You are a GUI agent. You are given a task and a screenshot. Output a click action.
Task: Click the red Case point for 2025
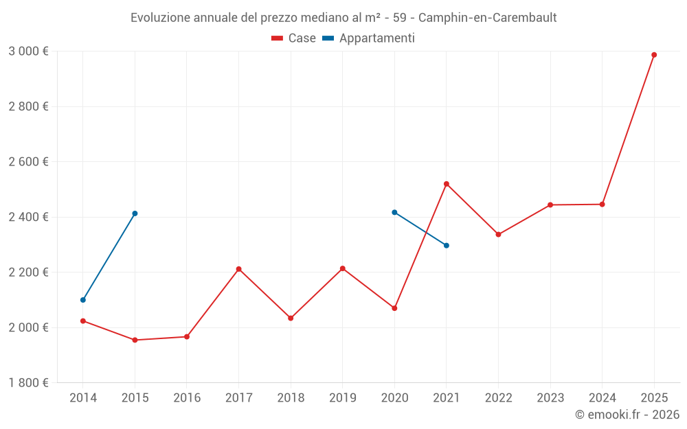(654, 55)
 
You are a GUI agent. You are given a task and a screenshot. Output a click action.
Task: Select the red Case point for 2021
(447, 184)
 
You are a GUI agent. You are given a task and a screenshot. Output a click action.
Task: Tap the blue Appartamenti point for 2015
(135, 213)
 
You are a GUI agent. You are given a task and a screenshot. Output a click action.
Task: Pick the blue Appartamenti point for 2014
(83, 300)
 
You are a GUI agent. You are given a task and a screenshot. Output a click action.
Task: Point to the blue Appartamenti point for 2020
(394, 212)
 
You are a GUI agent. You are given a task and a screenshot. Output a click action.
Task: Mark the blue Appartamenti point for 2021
(447, 245)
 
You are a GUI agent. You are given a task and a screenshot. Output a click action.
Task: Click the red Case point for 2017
(238, 269)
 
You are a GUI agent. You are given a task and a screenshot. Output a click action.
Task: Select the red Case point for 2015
(135, 340)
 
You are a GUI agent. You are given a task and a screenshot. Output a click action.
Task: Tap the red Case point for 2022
(498, 235)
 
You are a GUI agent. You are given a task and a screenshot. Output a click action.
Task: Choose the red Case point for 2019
(342, 268)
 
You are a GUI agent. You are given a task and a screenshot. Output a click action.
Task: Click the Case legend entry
(294, 38)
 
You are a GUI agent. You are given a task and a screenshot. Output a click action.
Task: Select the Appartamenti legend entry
(369, 38)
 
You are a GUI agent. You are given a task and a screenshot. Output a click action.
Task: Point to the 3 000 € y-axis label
(28, 51)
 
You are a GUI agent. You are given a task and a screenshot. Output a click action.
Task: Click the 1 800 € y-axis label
(28, 382)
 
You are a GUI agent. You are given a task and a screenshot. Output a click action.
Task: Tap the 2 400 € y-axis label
(28, 217)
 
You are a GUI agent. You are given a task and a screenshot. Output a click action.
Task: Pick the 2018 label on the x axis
(291, 398)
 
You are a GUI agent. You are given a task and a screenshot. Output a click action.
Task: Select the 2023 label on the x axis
(550, 398)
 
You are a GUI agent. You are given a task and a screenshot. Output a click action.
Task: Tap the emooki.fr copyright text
(627, 415)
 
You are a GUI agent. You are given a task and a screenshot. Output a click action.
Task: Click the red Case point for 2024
(602, 204)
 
